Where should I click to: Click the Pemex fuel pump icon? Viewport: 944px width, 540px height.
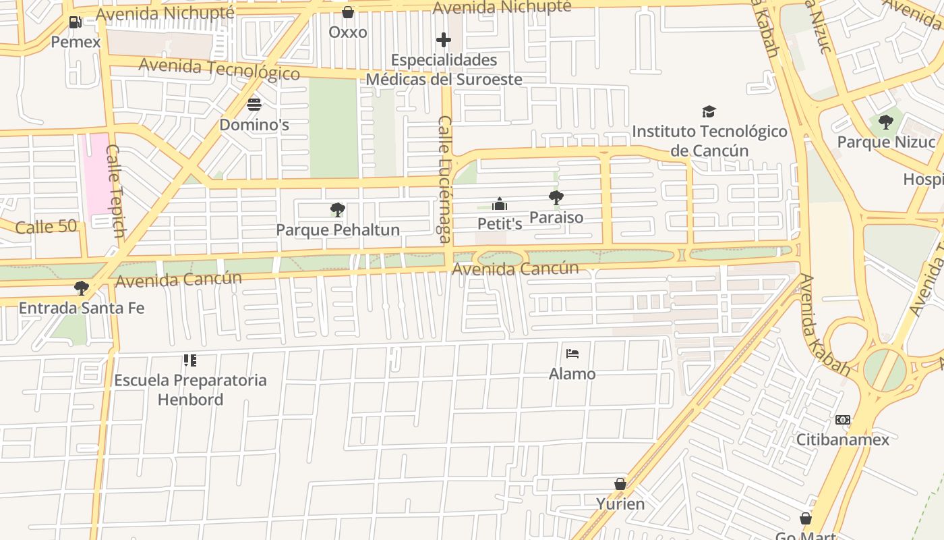[75, 22]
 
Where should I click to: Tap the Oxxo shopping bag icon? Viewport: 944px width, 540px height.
[348, 12]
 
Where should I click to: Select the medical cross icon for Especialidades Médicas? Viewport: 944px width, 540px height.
[443, 40]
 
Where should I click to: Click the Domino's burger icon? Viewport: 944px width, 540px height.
[254, 105]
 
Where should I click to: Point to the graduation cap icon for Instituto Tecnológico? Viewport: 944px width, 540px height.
[709, 111]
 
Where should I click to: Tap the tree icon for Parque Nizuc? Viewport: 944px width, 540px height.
[886, 122]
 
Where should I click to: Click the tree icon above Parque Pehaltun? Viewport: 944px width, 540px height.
[338, 210]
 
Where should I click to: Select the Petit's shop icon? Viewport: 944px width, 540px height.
[500, 204]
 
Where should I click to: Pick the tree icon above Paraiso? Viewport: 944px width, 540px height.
[556, 198]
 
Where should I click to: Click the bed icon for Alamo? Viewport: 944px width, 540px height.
[572, 354]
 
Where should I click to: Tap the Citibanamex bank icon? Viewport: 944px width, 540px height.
[843, 420]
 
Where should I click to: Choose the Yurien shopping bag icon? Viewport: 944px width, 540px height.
[620, 484]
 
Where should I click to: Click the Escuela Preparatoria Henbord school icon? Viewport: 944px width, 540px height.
[190, 360]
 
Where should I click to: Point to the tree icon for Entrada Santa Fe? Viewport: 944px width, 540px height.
[82, 288]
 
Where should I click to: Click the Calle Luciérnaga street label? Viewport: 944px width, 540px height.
[445, 179]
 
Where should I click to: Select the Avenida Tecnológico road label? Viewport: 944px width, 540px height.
[219, 69]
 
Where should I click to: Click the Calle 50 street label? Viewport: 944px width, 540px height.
[46, 226]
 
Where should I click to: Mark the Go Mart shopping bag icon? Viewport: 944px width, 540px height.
[805, 518]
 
